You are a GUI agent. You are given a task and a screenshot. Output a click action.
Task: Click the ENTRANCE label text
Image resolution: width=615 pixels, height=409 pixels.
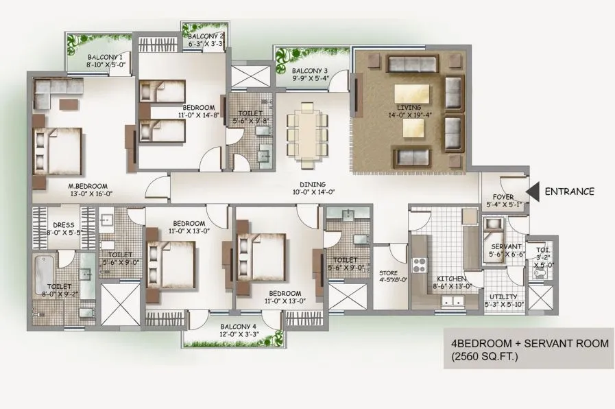pos(569,191)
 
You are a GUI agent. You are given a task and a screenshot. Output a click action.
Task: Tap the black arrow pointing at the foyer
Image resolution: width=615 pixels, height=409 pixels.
pos(531,191)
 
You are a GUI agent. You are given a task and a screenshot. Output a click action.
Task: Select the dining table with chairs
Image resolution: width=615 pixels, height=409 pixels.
pos(303,132)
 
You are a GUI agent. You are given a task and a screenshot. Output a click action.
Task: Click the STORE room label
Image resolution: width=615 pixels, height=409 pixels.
pos(388,272)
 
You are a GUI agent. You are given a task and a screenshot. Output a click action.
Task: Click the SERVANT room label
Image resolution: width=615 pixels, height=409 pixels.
pos(507,246)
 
